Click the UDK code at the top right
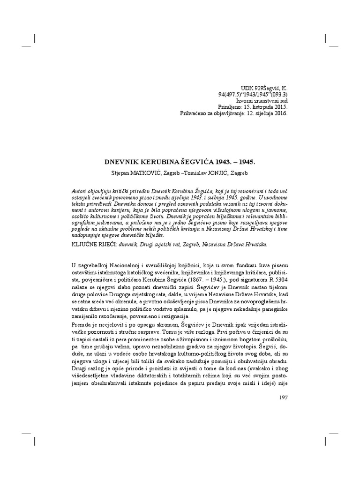click(x=265, y=87)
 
